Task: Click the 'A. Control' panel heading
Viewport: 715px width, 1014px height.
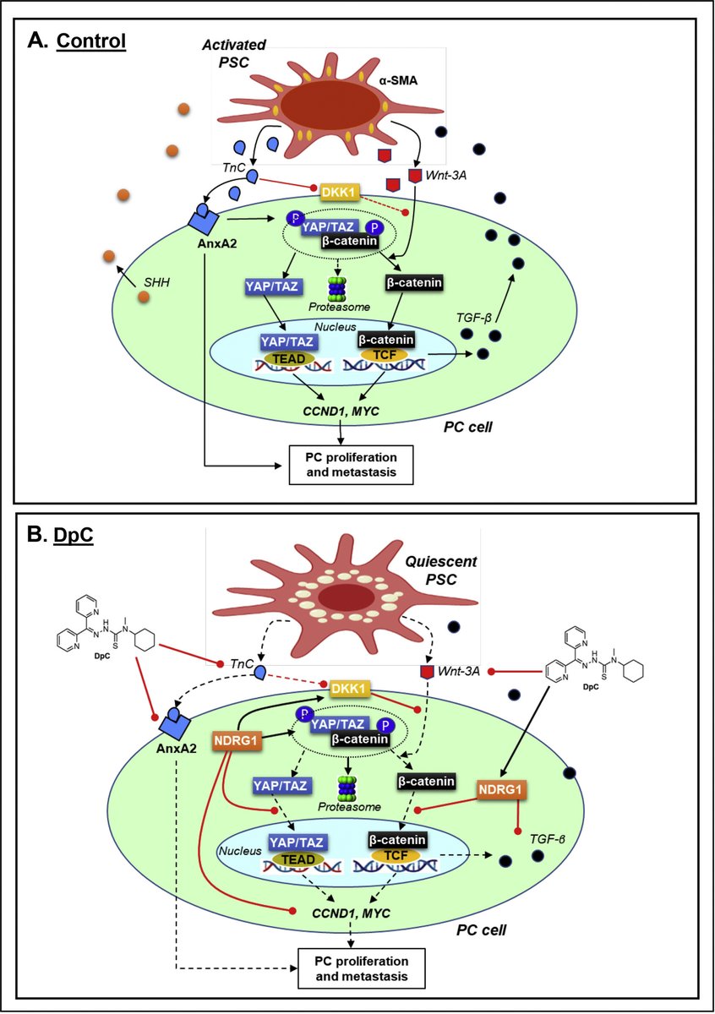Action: (x=78, y=41)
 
